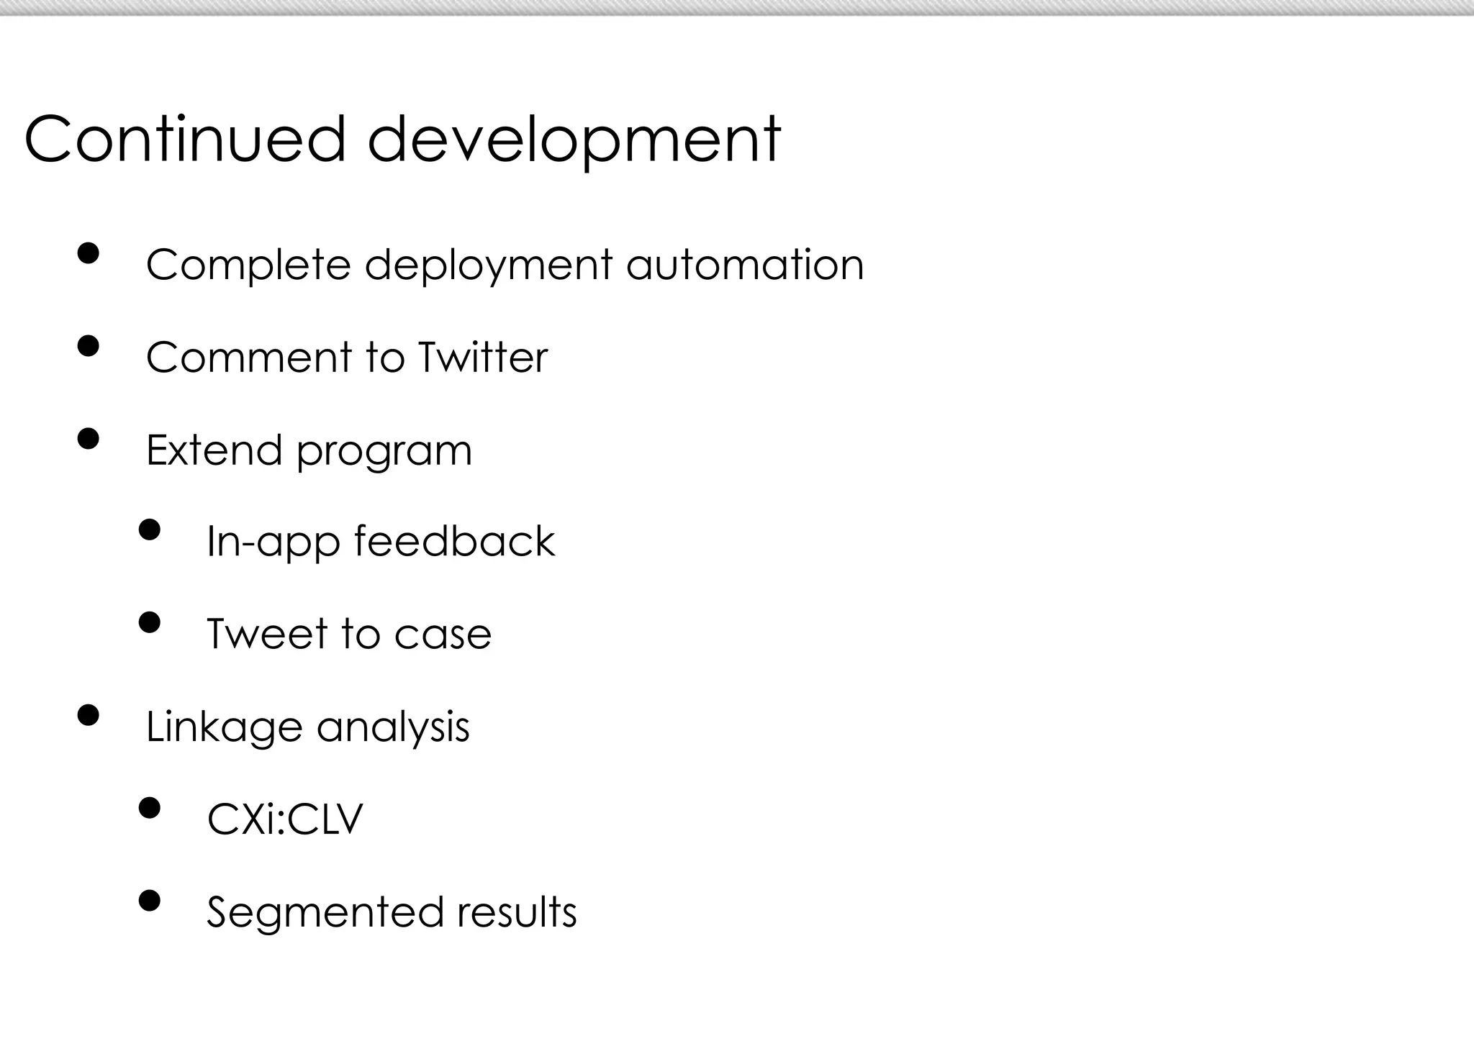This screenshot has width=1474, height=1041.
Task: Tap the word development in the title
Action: pos(574,141)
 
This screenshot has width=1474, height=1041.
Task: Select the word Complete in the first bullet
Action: pos(248,265)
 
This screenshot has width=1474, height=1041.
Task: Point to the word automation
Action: pos(745,265)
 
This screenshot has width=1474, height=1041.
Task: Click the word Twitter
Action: pos(482,357)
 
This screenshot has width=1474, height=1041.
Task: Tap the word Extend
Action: pos(214,450)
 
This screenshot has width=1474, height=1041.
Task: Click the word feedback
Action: pos(454,541)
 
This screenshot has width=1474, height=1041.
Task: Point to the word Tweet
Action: pos(266,634)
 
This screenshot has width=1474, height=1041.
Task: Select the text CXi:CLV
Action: pos(285,819)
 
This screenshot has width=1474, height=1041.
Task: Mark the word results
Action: pos(517,912)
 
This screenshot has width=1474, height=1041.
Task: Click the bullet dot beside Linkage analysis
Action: pos(88,716)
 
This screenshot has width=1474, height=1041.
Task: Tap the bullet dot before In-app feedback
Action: pos(149,530)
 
